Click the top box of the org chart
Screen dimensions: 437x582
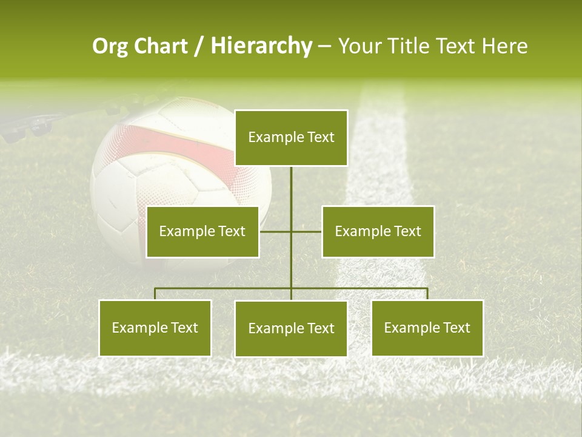pos(291,138)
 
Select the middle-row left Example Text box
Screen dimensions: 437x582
pos(202,232)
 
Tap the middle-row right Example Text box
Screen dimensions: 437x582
pos(378,232)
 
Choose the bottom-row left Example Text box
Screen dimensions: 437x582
pos(155,328)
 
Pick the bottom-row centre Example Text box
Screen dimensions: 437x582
pos(291,329)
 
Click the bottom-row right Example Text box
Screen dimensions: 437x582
pos(427,328)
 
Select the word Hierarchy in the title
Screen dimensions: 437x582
pos(261,46)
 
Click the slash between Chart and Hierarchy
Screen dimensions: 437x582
pos(199,46)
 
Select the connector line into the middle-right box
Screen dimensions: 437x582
pos(307,231)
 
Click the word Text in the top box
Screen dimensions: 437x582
pos(320,138)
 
